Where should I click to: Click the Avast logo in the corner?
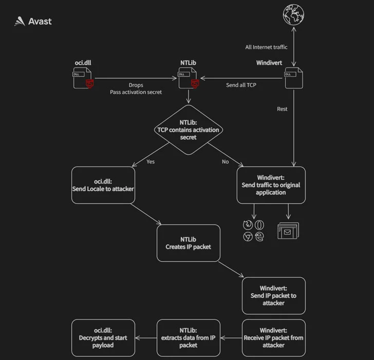(32, 22)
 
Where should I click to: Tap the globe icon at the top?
(293, 15)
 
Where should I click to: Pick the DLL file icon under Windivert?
(293, 79)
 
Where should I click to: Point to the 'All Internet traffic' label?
(266, 47)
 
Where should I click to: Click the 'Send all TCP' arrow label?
(241, 85)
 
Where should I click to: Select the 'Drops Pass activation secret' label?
(136, 88)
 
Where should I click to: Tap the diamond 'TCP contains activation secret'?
(188, 130)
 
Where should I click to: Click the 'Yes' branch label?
(151, 161)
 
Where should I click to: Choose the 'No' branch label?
(225, 161)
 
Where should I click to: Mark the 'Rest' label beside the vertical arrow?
(282, 109)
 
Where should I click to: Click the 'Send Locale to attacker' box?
(103, 185)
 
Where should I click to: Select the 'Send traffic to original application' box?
(271, 185)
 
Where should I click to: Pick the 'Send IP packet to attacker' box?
(273, 296)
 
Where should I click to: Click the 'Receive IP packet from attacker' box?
(273, 337)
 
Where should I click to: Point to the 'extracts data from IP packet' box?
(188, 337)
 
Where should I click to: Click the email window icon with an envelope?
(288, 230)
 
